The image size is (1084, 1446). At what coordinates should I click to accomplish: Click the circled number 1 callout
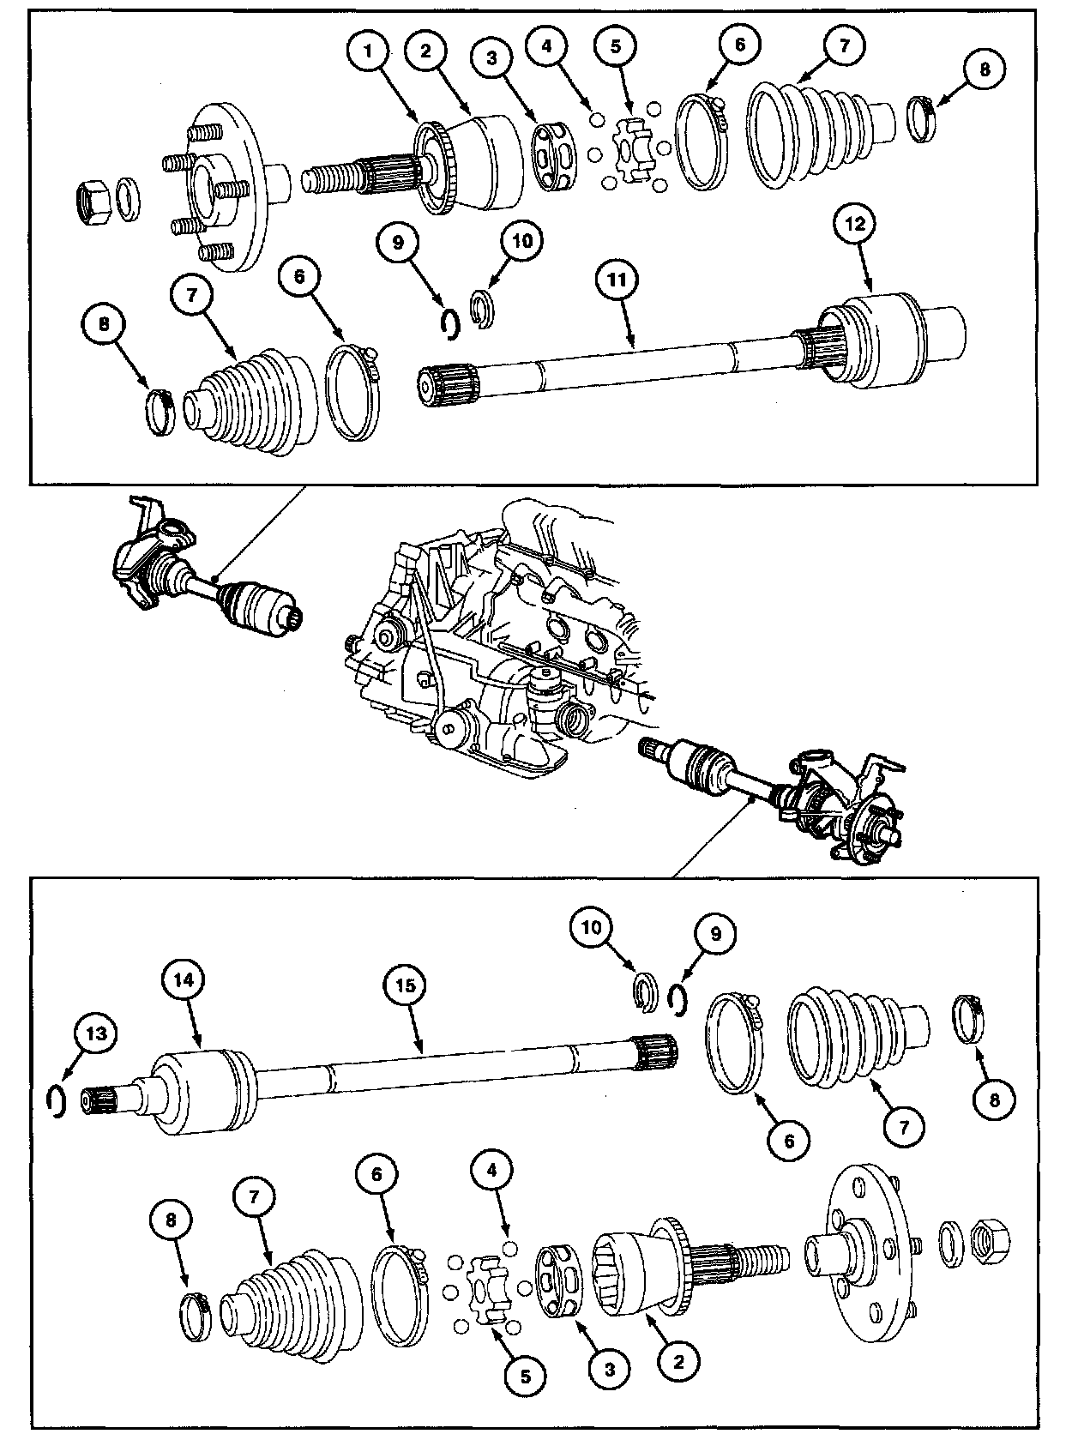[x=369, y=51]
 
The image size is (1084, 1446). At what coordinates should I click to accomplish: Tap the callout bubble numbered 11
[x=620, y=280]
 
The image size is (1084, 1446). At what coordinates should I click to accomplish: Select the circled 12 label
[x=857, y=224]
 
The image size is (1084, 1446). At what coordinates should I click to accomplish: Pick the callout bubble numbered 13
[x=97, y=1034]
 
